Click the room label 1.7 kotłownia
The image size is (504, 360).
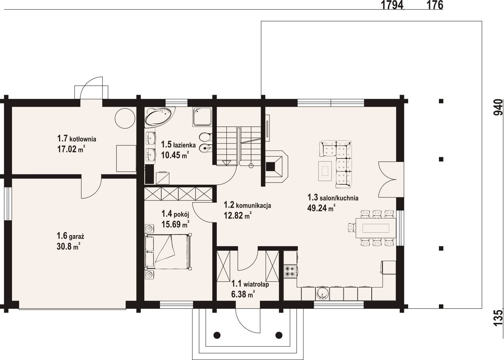77,139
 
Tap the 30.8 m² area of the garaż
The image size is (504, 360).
69,246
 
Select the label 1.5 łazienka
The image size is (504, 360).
178,145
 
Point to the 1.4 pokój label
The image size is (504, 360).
175,214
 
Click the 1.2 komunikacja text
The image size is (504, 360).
247,205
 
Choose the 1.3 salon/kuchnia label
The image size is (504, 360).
333,198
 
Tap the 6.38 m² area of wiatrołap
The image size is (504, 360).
243,294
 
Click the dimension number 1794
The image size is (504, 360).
392,5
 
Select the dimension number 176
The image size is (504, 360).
435,5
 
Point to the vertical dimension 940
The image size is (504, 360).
498,107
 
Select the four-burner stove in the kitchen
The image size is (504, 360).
290,271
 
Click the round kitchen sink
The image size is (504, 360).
323,294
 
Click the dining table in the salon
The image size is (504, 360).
375,228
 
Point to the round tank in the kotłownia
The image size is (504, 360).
125,118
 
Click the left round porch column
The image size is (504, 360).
217,341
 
